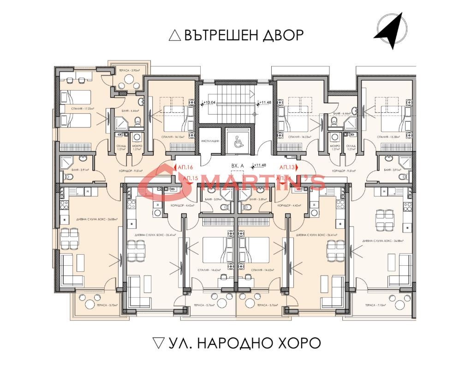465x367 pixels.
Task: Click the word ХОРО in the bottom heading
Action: point(298,343)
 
